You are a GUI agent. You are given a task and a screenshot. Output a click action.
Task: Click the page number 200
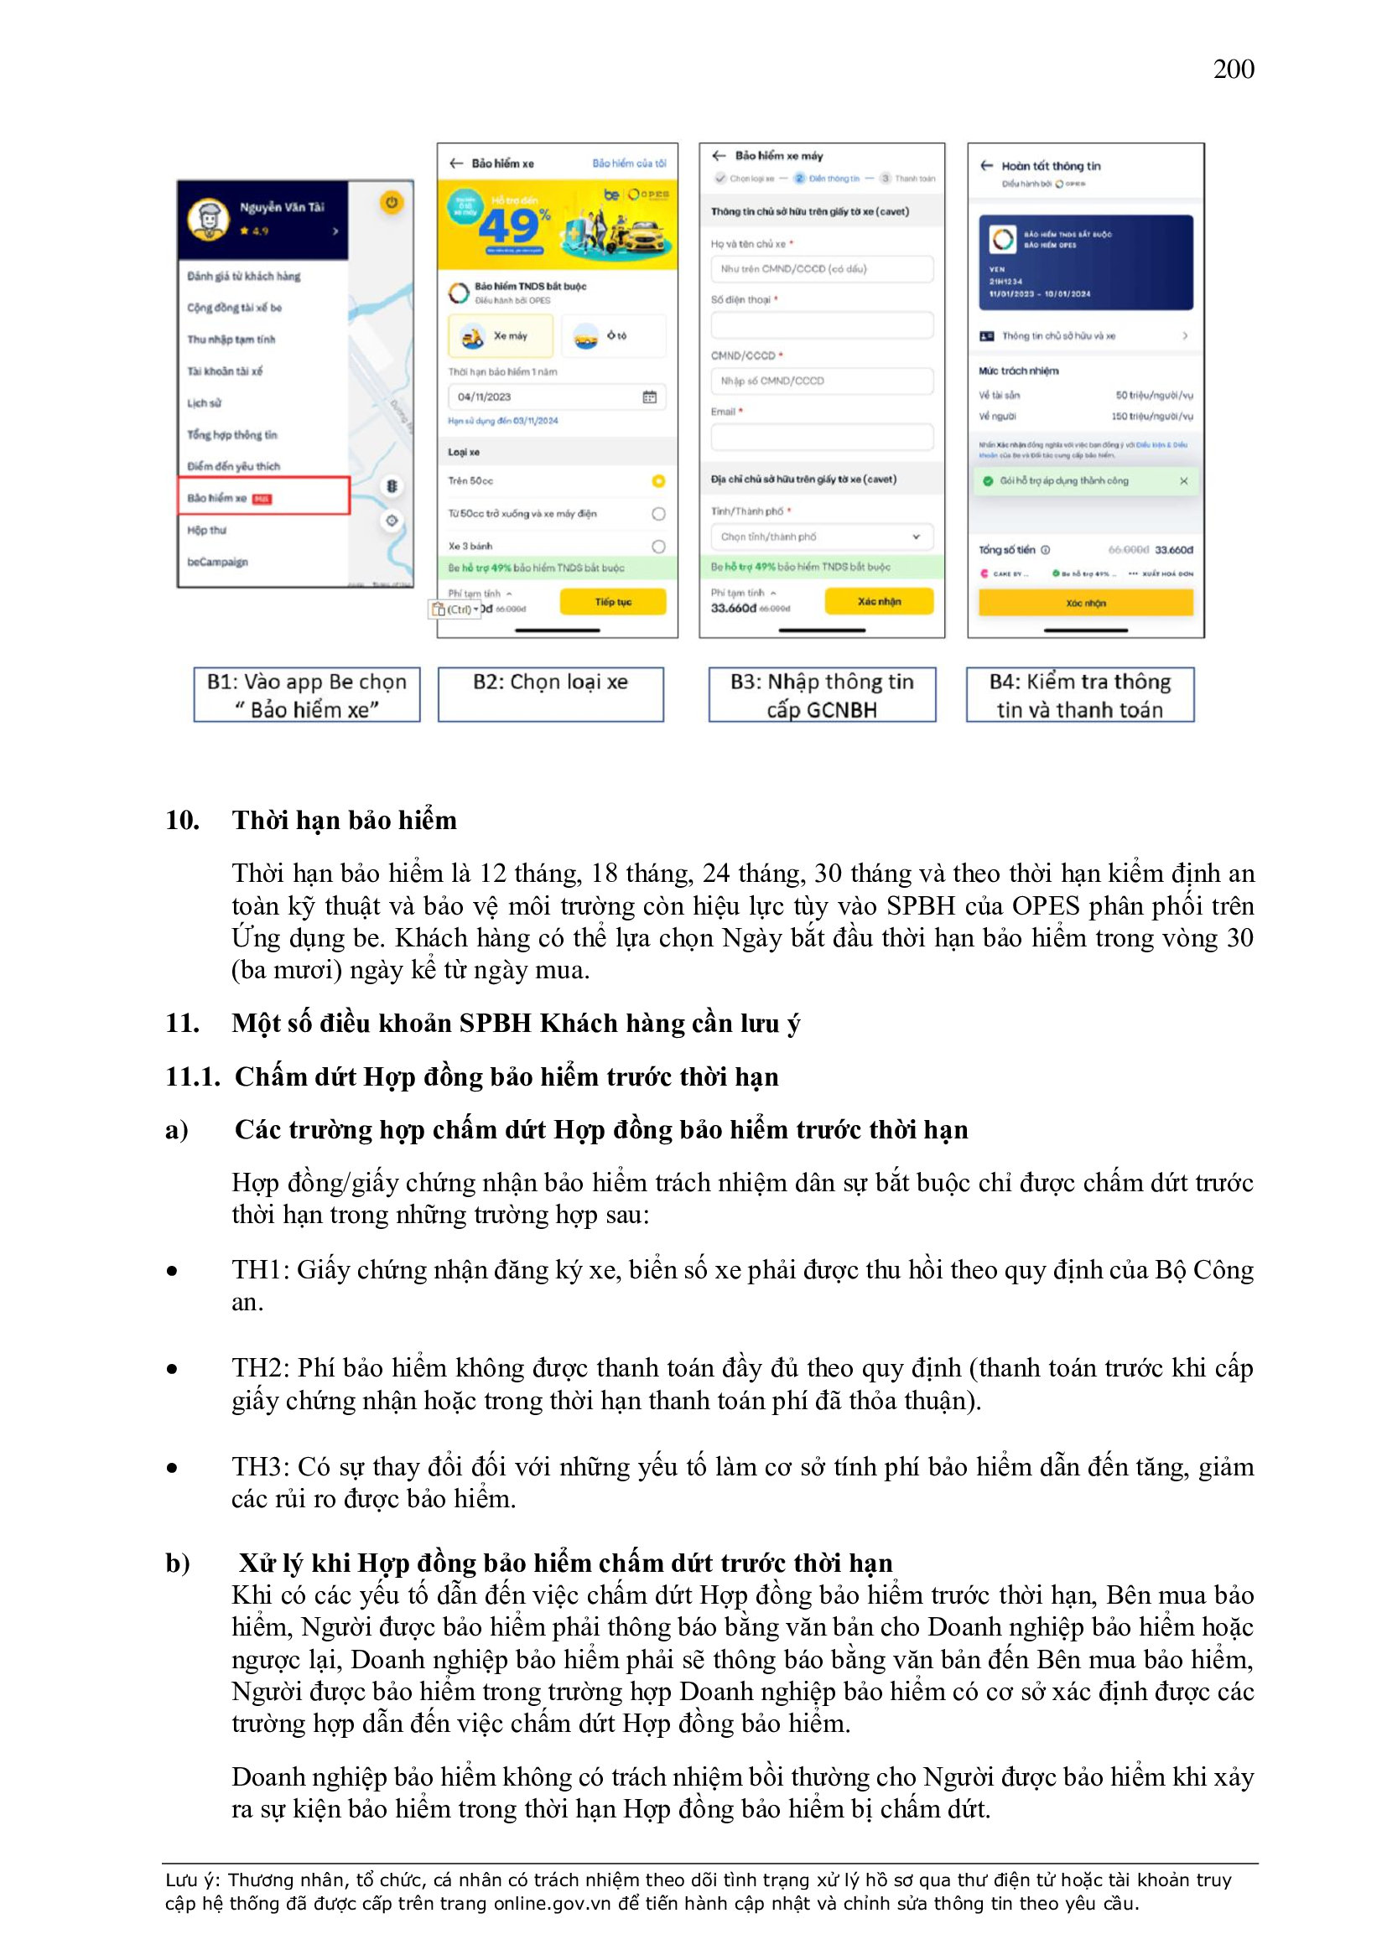pos(1234,69)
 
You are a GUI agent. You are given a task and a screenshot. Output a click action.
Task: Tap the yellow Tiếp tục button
pos(612,602)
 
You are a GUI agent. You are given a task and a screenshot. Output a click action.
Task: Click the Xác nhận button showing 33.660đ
pos(878,601)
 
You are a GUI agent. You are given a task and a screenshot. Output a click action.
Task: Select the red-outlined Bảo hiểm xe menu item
pos(263,496)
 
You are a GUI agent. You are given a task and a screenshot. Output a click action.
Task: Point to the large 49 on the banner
pos(508,226)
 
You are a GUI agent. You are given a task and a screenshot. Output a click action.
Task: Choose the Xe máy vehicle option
pos(501,336)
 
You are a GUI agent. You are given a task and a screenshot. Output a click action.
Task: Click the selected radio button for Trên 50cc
pos(657,481)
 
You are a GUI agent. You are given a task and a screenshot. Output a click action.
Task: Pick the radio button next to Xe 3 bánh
pos(657,547)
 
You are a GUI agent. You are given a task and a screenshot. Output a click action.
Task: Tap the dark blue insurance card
pos(1084,262)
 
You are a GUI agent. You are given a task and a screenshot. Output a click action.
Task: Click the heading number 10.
pos(182,821)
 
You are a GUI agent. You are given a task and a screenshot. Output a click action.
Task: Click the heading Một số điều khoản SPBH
pos(515,1023)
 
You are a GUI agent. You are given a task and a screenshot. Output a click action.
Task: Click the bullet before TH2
pos(173,1370)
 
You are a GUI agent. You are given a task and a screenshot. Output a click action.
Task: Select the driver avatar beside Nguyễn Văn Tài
pos(209,219)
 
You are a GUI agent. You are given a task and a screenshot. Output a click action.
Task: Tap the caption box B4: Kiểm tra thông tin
pos(1079,695)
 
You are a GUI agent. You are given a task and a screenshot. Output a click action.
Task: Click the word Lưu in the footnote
pos(181,1880)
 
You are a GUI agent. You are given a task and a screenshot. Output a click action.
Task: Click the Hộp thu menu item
pos(207,530)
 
